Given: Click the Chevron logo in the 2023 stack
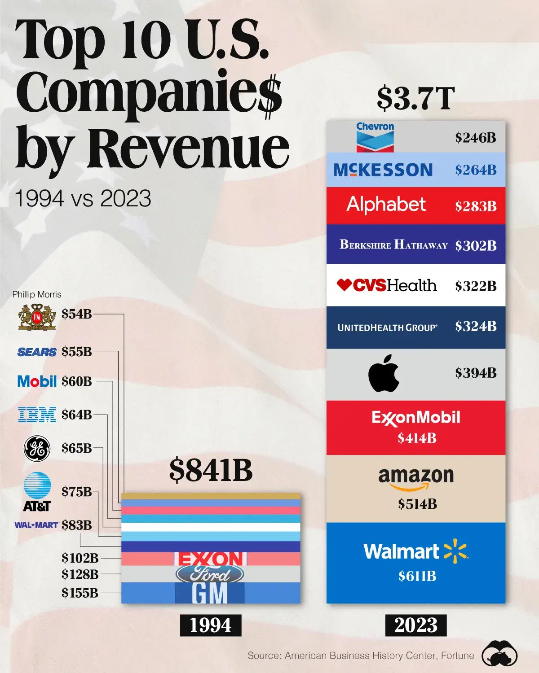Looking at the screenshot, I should [x=375, y=137].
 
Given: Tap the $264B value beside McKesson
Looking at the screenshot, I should [x=476, y=170].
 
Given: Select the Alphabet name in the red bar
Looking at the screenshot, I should [x=386, y=205].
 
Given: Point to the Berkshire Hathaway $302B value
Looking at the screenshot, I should [x=476, y=246].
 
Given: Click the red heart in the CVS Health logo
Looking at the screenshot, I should [x=344, y=284].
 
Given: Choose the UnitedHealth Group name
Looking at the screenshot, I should [x=387, y=328].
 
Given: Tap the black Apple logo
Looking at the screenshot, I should [x=384, y=373].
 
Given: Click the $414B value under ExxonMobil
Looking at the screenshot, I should [x=417, y=438].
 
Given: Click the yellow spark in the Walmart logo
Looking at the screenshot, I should [x=455, y=551].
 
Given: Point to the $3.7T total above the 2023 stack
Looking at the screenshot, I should [x=416, y=99].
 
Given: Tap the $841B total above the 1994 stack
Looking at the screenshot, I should [x=211, y=470].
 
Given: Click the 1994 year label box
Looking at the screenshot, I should [x=211, y=625].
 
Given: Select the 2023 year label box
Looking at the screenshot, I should [x=416, y=625].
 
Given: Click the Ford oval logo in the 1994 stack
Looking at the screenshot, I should [x=210, y=574].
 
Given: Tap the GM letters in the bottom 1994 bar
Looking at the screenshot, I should [x=210, y=594].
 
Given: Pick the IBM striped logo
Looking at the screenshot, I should [x=37, y=415].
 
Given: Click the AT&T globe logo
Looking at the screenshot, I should [x=37, y=485].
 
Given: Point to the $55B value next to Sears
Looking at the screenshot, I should [x=77, y=352].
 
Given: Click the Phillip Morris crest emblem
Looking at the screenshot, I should [x=37, y=317].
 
